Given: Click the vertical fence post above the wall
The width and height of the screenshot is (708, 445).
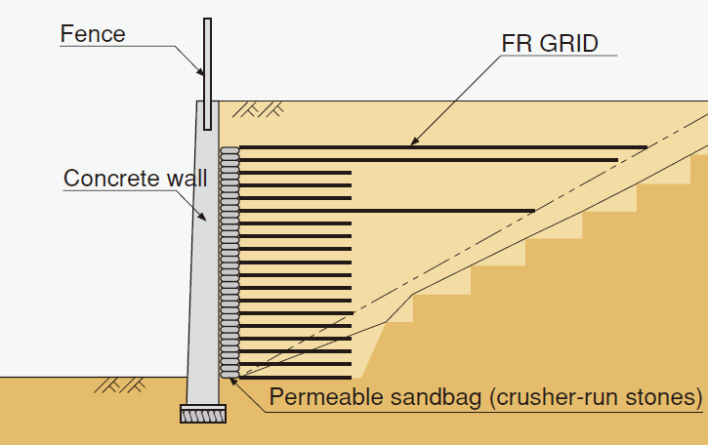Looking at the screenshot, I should coord(207,73).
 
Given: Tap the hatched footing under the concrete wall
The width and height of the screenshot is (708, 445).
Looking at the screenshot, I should coord(203,414).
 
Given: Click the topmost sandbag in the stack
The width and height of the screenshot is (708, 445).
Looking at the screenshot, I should coord(230,152).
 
